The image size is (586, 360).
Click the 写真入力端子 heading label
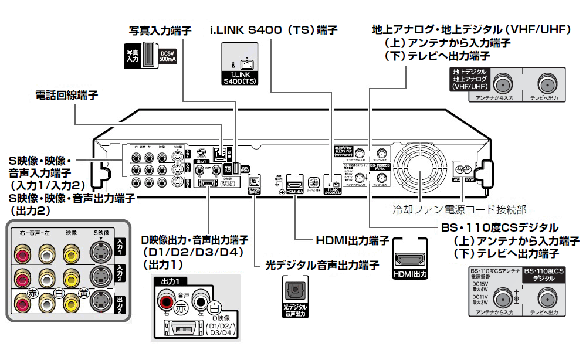pyautogui.click(x=160, y=30)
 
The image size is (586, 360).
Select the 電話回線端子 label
pyautogui.click(x=66, y=95)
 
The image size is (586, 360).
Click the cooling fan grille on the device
pyautogui.click(x=420, y=171)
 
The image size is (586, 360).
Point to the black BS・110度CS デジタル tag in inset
pyautogui.click(x=544, y=275)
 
